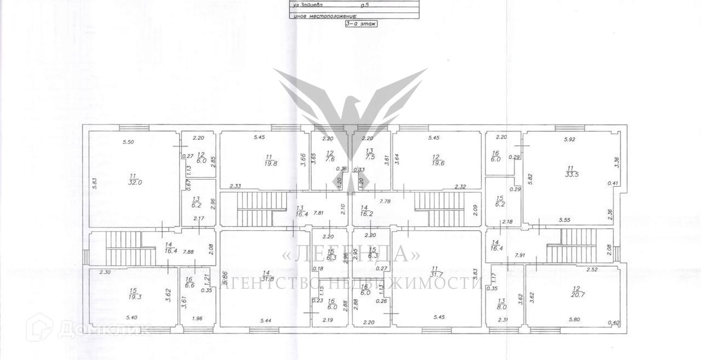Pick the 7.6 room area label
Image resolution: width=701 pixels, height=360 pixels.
click(x=330, y=161)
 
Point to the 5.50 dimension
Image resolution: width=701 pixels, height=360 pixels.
click(x=128, y=142)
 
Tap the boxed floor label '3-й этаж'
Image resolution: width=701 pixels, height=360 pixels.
click(x=361, y=24)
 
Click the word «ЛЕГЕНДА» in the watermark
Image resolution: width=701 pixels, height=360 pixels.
click(x=350, y=255)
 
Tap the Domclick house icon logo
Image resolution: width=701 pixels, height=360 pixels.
click(x=43, y=327)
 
